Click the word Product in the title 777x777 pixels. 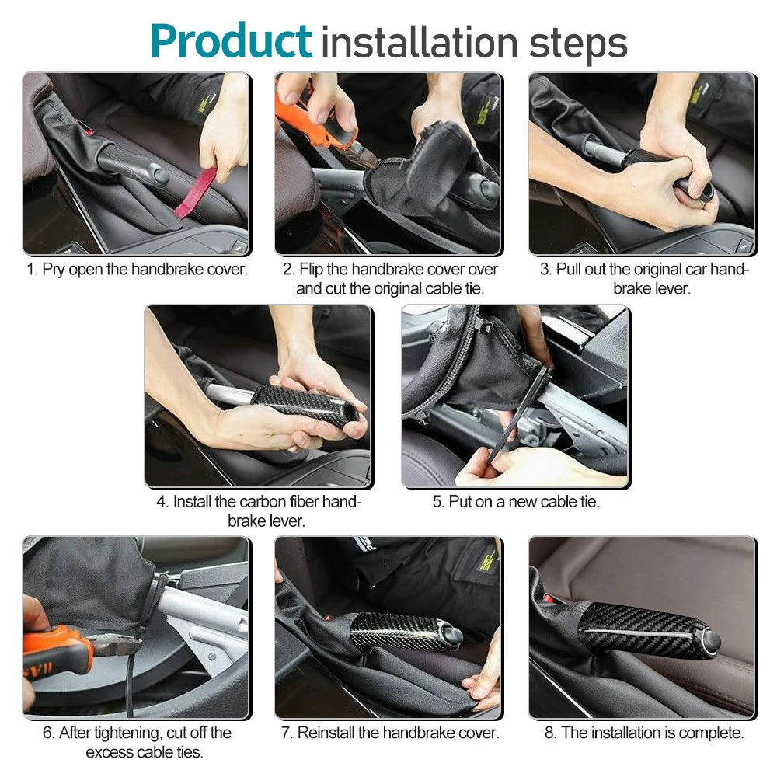[232, 42]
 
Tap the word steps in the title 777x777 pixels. [578, 44]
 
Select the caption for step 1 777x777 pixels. [138, 269]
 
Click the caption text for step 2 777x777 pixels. [390, 278]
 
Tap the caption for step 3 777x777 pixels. [644, 278]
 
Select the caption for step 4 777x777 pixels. [260, 511]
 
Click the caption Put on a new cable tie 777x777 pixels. [516, 501]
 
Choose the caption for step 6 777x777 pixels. [138, 742]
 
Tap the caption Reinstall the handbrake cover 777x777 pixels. [390, 733]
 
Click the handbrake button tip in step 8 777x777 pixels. [710, 642]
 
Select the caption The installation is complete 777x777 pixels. [644, 733]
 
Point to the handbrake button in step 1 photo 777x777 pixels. [161, 176]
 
